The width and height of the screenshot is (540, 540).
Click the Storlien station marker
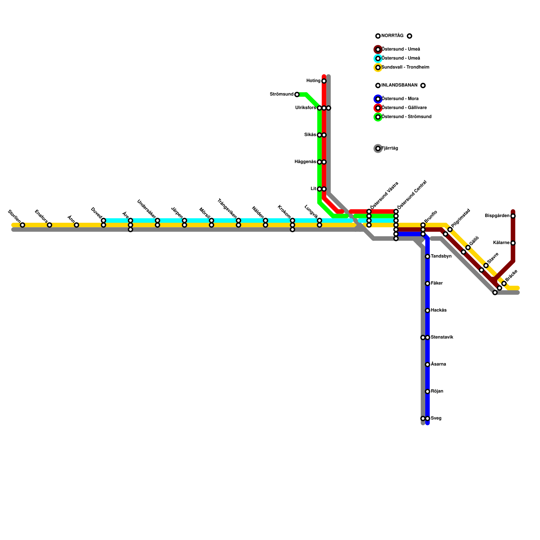tap(22, 225)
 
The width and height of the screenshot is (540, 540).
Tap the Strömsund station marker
tap(297, 94)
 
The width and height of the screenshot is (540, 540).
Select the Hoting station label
tap(313, 81)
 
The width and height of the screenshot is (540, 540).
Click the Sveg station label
tap(436, 418)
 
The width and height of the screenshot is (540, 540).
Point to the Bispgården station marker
tap(513, 216)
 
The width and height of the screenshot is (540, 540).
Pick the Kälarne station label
tap(501, 243)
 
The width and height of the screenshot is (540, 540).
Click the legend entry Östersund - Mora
tap(400, 99)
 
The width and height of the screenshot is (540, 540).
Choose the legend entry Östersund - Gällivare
tap(404, 108)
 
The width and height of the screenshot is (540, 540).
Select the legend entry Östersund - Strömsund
tap(406, 117)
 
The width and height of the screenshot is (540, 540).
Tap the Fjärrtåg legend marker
tap(378, 148)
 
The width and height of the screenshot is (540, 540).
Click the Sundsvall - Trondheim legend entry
tap(405, 67)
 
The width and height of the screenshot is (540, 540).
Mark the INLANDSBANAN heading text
tap(399, 85)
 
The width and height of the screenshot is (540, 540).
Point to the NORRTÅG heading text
tap(392, 36)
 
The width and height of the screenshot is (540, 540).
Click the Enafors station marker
tap(49, 225)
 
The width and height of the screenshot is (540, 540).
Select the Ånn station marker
tap(76, 225)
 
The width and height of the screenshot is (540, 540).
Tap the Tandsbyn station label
tap(441, 256)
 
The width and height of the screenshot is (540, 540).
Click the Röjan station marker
tap(427, 391)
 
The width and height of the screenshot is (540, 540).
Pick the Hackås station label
tap(438, 310)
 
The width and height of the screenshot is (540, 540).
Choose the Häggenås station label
tap(305, 162)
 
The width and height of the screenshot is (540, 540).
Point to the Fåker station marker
tap(427, 283)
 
